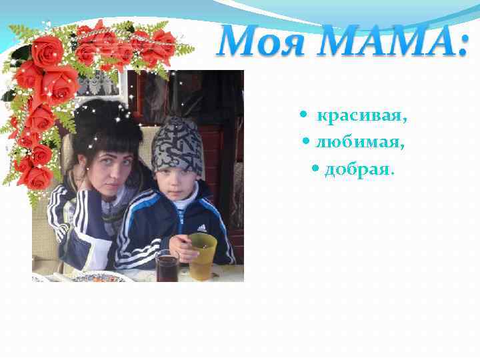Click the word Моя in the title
pyautogui.click(x=259, y=42)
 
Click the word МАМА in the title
pyautogui.click(x=381, y=42)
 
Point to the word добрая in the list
pyautogui.click(x=359, y=169)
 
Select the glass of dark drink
pyautogui.click(x=167, y=267)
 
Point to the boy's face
pyautogui.click(x=178, y=180)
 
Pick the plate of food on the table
pyautogui.click(x=100, y=276)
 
